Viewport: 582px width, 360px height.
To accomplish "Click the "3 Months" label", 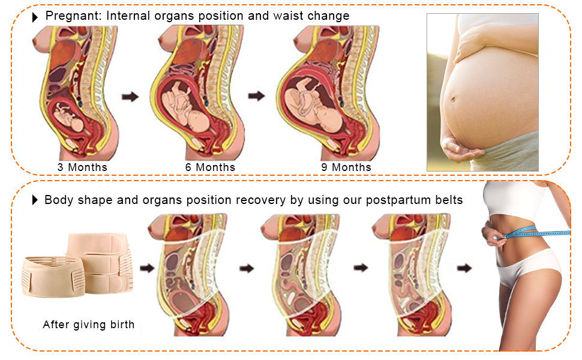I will pyautogui.click(x=82, y=167).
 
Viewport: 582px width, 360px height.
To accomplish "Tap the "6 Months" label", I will pyautogui.click(x=210, y=167).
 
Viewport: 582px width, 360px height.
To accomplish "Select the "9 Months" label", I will pyautogui.click(x=346, y=167).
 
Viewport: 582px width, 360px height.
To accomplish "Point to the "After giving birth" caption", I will pyautogui.click(x=89, y=325).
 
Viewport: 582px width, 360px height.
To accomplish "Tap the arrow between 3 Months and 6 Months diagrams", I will pyautogui.click(x=130, y=97).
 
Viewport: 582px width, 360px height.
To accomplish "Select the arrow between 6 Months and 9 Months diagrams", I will pyautogui.click(x=257, y=96).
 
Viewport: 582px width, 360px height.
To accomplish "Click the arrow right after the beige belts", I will pyautogui.click(x=146, y=268).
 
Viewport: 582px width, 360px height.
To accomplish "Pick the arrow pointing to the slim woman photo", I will pyautogui.click(x=464, y=268).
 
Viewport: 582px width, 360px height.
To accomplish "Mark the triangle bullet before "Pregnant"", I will pyautogui.click(x=35, y=17).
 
